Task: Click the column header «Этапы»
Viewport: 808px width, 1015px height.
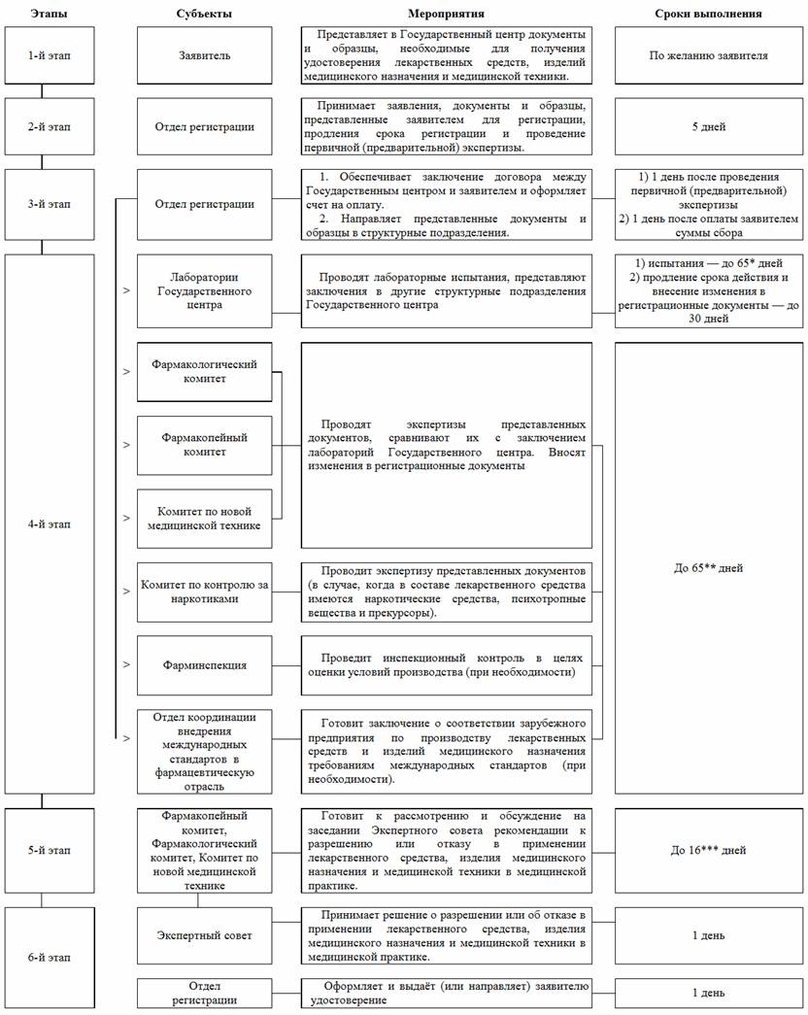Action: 49,14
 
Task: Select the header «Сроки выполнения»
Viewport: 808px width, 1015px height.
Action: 709,14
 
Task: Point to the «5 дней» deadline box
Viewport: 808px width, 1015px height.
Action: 709,126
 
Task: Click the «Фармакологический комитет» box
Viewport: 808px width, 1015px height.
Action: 204,371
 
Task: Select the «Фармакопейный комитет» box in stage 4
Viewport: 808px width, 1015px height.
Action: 204,444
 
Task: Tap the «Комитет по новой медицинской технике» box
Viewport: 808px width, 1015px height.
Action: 204,519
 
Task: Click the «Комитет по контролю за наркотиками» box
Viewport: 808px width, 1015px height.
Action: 204,592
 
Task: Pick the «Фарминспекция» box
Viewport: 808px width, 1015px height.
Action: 204,665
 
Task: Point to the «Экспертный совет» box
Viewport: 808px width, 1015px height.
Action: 204,935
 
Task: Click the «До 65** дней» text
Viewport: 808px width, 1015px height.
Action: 709,567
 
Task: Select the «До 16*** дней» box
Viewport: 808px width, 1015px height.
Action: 709,850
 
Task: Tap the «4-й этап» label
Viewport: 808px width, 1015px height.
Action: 49,524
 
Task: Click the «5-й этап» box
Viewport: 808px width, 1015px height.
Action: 49,850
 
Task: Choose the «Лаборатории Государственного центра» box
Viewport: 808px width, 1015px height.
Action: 204,290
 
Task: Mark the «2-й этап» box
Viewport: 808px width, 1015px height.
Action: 49,126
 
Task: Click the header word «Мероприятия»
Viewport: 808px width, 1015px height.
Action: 447,14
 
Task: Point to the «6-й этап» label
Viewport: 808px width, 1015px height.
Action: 49,957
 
